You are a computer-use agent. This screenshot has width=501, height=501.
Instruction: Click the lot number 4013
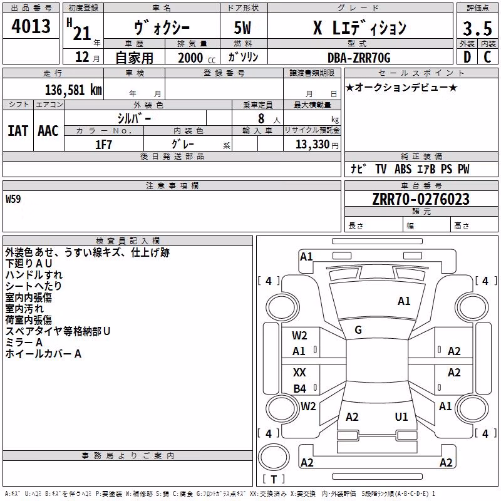coord(31,26)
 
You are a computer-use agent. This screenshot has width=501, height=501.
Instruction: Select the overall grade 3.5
coord(477,28)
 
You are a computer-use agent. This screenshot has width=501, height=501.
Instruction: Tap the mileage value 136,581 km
coord(73,90)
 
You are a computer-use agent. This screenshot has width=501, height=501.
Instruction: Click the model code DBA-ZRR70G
coord(359,58)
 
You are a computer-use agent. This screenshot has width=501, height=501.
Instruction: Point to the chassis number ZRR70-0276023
coord(421,199)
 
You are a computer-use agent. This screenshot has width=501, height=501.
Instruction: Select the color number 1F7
coord(103,145)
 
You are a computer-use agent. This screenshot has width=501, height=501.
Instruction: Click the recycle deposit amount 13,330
coord(312,145)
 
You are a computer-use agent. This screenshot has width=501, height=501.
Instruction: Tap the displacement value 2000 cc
coord(197,58)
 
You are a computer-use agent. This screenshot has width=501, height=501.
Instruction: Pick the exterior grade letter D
coord(467,57)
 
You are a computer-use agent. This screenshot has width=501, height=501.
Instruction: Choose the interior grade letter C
coord(487,57)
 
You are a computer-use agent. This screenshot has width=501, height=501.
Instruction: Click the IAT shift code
coord(18,131)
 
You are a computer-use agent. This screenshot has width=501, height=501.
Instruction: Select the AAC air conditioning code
coord(48,131)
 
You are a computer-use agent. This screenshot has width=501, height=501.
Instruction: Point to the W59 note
coord(13,199)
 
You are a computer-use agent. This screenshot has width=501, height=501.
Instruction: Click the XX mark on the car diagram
coord(299,372)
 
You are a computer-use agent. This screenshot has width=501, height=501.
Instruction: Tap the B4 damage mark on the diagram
coord(300,388)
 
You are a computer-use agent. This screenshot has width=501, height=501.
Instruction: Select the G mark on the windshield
coord(358,330)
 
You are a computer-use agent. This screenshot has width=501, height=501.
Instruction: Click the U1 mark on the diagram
coord(401,416)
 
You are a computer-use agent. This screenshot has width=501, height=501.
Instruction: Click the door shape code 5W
coord(242,28)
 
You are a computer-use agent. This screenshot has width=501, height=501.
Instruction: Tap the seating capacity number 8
coord(261,118)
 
